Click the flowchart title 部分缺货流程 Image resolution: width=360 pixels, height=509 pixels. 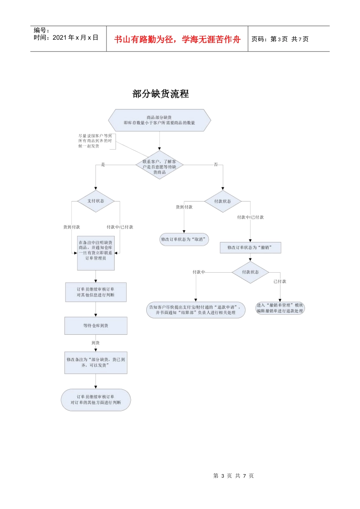[161, 94]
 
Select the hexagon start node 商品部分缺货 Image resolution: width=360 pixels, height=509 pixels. [160, 120]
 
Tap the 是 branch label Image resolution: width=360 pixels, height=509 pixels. [103, 164]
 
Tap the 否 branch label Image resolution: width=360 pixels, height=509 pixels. [216, 164]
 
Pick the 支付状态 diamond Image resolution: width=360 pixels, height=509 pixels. [95, 201]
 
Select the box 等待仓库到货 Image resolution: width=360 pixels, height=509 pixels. [95, 326]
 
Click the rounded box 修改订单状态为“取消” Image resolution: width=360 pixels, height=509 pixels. [184, 239]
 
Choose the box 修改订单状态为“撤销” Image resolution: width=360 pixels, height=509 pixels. [250, 247]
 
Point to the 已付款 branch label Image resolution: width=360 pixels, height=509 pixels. [280, 281]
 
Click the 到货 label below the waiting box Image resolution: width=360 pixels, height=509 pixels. [95, 343]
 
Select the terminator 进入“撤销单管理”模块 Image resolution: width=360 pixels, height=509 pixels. [280, 308]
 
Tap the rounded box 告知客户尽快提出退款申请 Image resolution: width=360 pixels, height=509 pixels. [196, 310]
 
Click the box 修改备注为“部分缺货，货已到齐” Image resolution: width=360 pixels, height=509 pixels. [95, 362]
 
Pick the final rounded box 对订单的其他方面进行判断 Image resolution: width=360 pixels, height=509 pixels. [95, 400]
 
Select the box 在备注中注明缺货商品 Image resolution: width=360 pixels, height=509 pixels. [95, 251]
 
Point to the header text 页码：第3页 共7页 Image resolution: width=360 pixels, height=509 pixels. [280, 39]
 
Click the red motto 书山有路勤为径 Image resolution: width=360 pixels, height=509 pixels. [177, 39]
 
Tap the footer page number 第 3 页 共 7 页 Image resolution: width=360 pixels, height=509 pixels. [233, 476]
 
